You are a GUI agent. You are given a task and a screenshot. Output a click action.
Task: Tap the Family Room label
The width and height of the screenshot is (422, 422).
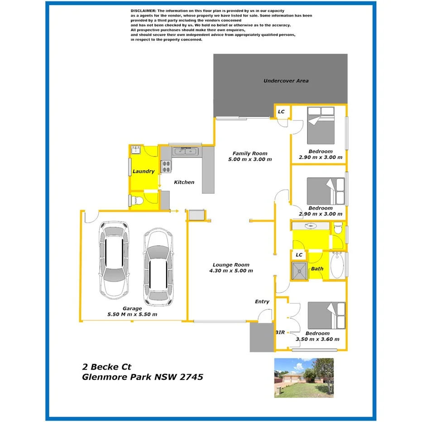[x=250, y=153]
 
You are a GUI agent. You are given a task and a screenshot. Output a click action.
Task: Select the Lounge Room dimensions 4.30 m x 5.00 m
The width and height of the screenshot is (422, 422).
[x=231, y=271]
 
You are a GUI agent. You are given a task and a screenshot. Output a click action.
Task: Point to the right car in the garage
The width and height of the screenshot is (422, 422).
[x=158, y=268]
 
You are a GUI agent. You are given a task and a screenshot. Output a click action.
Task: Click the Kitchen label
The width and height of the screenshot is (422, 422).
[x=184, y=182]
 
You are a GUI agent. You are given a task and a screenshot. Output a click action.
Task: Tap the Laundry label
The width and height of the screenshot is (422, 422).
[x=143, y=172]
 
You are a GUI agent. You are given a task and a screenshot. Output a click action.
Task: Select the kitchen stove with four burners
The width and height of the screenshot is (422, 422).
[x=166, y=167]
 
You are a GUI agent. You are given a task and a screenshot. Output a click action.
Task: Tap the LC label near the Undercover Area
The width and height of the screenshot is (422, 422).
[x=281, y=111]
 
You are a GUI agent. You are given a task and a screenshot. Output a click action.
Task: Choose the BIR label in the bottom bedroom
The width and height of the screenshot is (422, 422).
[x=280, y=332]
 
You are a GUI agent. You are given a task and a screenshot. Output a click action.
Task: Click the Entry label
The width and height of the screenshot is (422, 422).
[x=262, y=301]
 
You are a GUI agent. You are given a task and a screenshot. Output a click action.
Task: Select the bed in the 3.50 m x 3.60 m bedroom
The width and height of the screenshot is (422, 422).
[x=326, y=316]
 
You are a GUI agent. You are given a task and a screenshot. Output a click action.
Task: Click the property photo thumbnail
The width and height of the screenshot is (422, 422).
[x=304, y=378]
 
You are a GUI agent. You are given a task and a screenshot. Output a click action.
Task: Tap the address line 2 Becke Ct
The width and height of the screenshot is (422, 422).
[x=106, y=366]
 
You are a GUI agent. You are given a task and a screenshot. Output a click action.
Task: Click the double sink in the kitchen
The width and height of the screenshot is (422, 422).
[x=185, y=152]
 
